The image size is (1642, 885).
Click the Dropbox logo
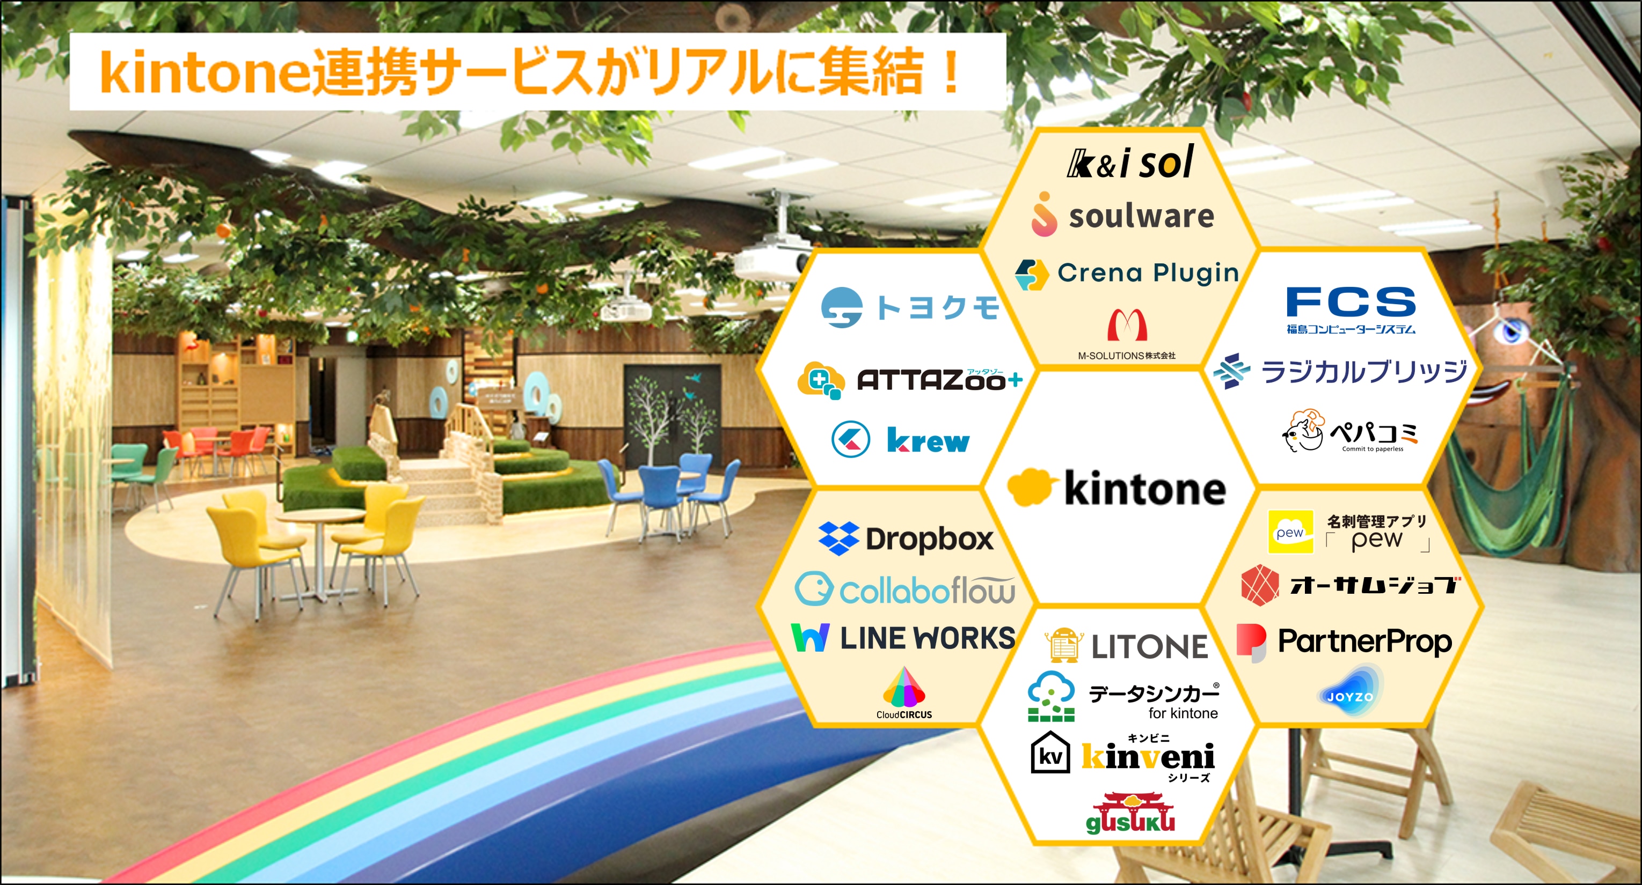[906, 539]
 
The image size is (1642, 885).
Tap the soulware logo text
[1141, 216]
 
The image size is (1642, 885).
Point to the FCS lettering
[1351, 301]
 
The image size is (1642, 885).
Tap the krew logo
[901, 440]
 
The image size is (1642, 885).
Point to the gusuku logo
[1130, 813]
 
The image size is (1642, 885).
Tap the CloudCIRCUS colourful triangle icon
[904, 687]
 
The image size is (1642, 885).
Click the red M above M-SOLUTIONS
[1127, 324]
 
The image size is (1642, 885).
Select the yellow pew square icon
[1291, 532]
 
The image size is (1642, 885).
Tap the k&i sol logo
[1130, 162]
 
